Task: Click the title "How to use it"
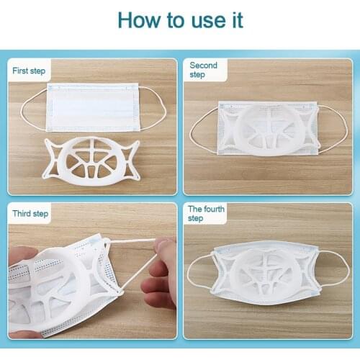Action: point(180,19)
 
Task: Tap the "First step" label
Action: point(29,71)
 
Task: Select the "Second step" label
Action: point(203,70)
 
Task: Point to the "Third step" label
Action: point(30,213)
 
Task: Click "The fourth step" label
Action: point(206,213)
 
